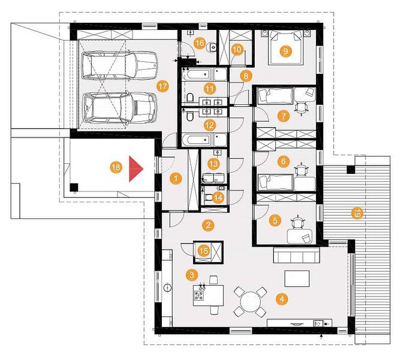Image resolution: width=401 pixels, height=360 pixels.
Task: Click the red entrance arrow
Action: (136, 169)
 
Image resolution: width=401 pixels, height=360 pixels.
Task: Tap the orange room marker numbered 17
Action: (162, 86)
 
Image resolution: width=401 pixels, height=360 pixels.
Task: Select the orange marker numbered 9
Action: (285, 51)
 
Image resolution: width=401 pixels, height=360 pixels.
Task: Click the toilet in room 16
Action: (212, 47)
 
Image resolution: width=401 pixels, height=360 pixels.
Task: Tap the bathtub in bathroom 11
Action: (197, 74)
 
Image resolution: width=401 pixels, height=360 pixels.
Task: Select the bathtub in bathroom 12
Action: (197, 140)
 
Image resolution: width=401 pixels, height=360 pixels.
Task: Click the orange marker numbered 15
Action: (204, 251)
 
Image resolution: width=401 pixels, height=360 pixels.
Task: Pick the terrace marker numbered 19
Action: (357, 213)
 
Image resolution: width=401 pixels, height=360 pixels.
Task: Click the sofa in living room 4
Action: (297, 255)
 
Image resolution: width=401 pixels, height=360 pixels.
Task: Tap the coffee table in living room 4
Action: (297, 278)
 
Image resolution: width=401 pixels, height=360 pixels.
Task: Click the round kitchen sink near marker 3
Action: (168, 287)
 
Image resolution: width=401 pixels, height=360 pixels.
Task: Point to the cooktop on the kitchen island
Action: (199, 296)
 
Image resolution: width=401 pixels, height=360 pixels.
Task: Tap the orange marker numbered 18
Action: (116, 167)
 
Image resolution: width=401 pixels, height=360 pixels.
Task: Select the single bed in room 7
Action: (275, 95)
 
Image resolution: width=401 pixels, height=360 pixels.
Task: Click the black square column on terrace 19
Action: (351, 170)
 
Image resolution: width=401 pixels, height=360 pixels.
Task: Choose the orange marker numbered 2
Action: (208, 225)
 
